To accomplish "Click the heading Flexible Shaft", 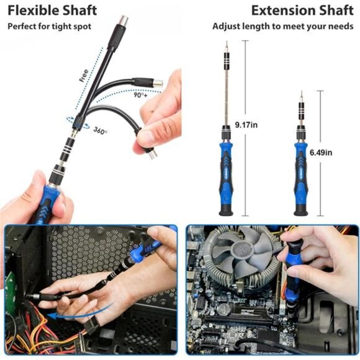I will [x=52, y=11].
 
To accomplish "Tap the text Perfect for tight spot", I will [x=49, y=27].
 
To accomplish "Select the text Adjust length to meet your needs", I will [x=283, y=27].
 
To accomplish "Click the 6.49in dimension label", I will [x=320, y=152].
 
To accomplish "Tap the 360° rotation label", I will [x=100, y=130].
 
